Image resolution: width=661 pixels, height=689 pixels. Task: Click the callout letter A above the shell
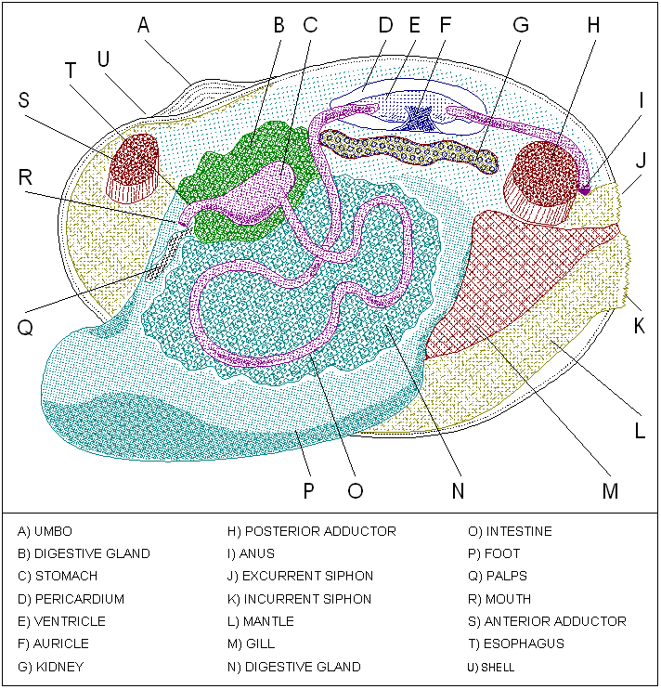click(143, 25)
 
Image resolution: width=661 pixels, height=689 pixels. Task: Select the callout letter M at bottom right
click(609, 491)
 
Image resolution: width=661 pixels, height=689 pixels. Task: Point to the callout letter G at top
click(521, 25)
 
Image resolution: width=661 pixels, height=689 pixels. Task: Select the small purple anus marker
click(585, 188)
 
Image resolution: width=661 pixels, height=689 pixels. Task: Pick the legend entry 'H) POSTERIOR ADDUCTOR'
click(311, 531)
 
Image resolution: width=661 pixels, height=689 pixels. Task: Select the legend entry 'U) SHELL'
click(492, 667)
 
